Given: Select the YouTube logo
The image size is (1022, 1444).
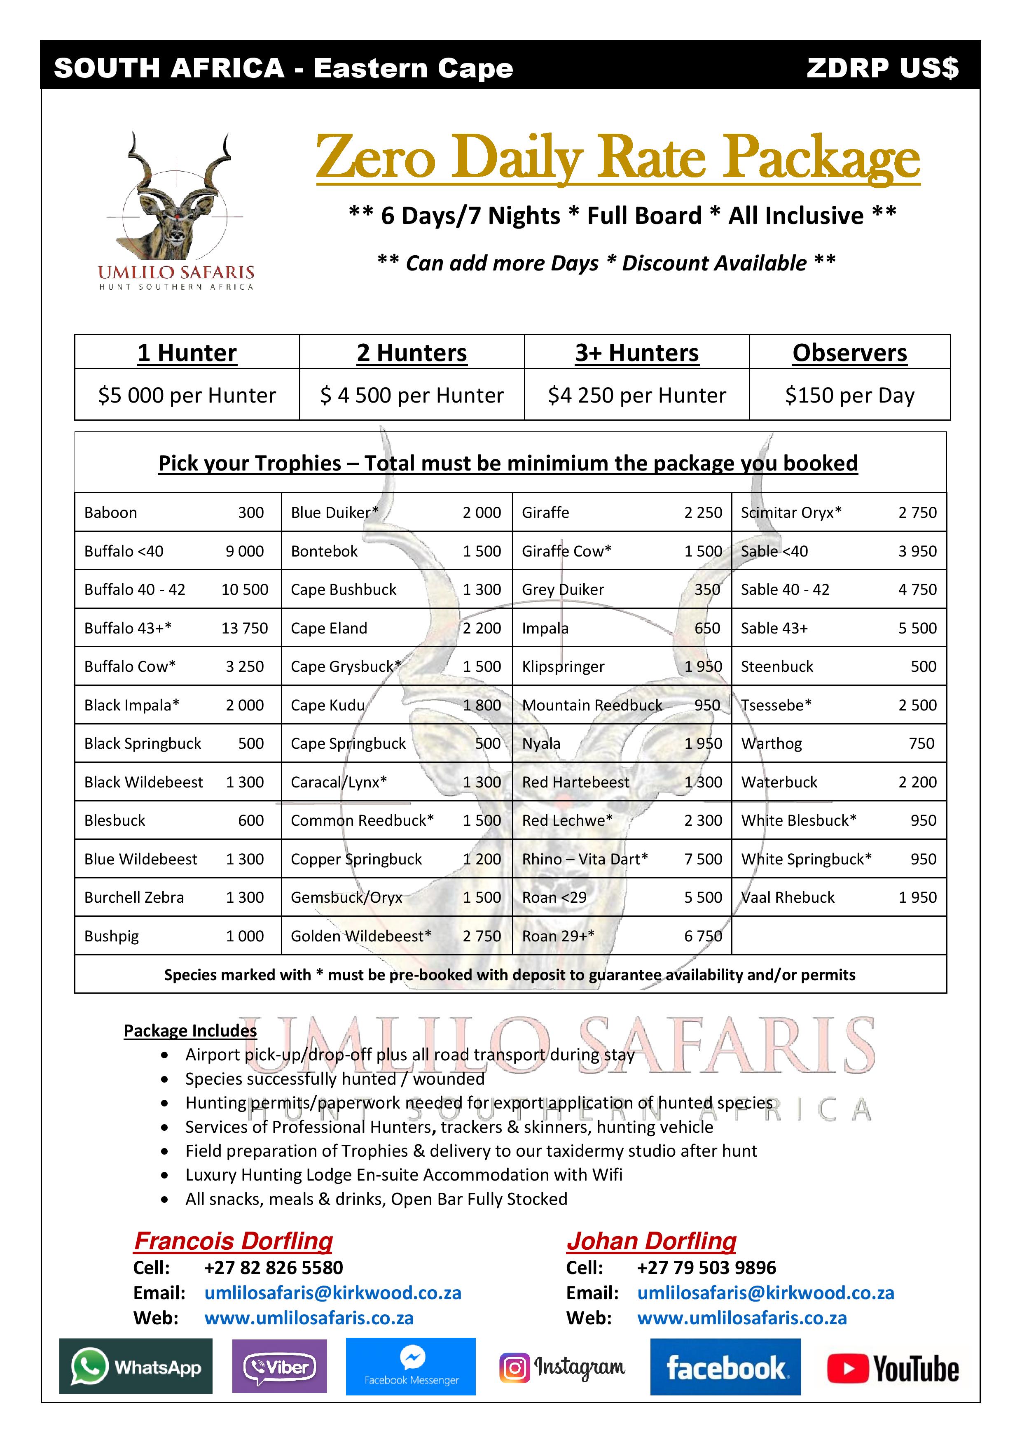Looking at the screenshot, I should click(892, 1369).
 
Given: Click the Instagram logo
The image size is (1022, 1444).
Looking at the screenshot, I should click(562, 1368).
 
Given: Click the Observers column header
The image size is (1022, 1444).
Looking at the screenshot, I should click(849, 353).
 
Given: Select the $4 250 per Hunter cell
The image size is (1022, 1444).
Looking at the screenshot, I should click(637, 396).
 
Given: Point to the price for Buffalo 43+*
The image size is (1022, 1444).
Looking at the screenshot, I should click(244, 628).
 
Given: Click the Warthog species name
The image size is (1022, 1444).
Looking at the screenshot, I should click(772, 743).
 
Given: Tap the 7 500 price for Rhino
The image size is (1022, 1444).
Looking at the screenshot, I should click(703, 859).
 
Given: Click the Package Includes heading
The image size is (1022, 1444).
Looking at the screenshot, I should click(190, 1031).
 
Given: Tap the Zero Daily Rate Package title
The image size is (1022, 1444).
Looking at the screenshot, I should click(617, 157).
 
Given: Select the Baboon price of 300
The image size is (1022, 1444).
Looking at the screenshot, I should click(250, 512).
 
